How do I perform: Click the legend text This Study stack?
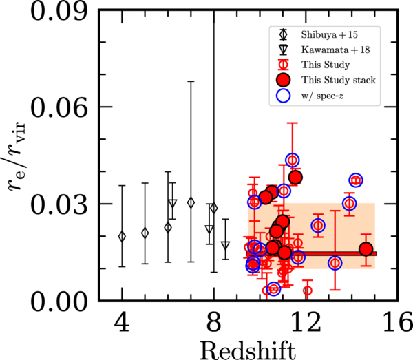333,80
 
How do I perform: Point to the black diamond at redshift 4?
122,236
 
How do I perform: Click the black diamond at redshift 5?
145,233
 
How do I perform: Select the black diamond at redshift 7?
191,202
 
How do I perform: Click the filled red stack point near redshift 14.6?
366,249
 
